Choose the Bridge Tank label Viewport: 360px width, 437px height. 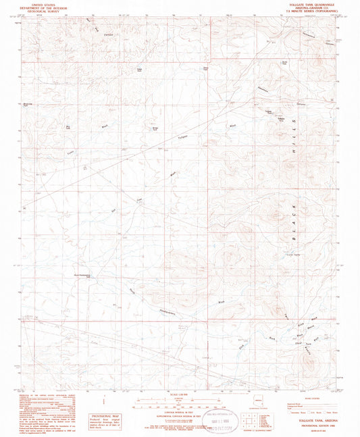pyautogui.click(x=155, y=125)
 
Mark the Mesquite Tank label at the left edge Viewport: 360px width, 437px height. pyautogui.click(x=28, y=105)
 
